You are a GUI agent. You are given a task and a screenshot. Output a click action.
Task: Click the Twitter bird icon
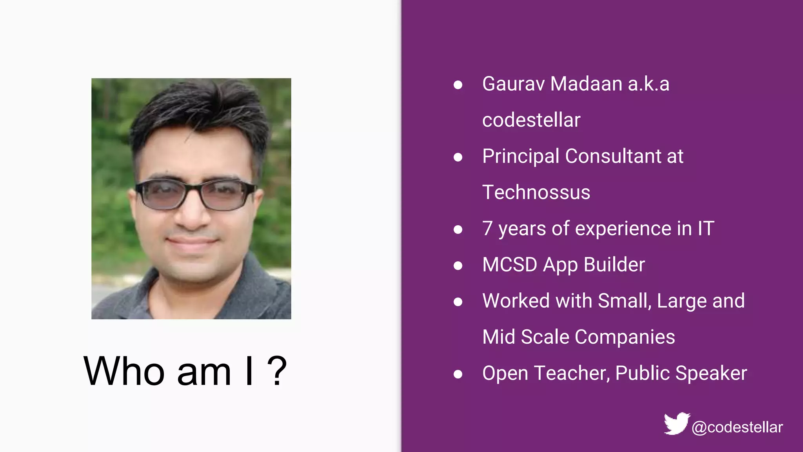(x=676, y=423)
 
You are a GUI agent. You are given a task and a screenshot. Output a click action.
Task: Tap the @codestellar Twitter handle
(x=737, y=427)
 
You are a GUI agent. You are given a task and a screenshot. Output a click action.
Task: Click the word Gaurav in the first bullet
(x=513, y=84)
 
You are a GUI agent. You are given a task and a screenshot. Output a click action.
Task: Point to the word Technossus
(x=536, y=192)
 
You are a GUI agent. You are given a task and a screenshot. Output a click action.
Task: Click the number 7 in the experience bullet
(x=487, y=228)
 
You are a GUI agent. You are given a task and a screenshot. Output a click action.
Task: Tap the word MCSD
(x=509, y=264)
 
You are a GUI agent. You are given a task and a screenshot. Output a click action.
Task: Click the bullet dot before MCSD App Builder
(x=458, y=266)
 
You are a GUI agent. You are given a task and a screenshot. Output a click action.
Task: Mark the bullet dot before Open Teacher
(x=458, y=374)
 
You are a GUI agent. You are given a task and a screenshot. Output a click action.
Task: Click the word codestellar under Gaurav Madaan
(x=531, y=120)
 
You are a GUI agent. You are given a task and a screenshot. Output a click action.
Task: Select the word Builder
(x=614, y=264)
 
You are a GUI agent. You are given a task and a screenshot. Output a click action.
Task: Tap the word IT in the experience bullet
(x=706, y=228)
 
